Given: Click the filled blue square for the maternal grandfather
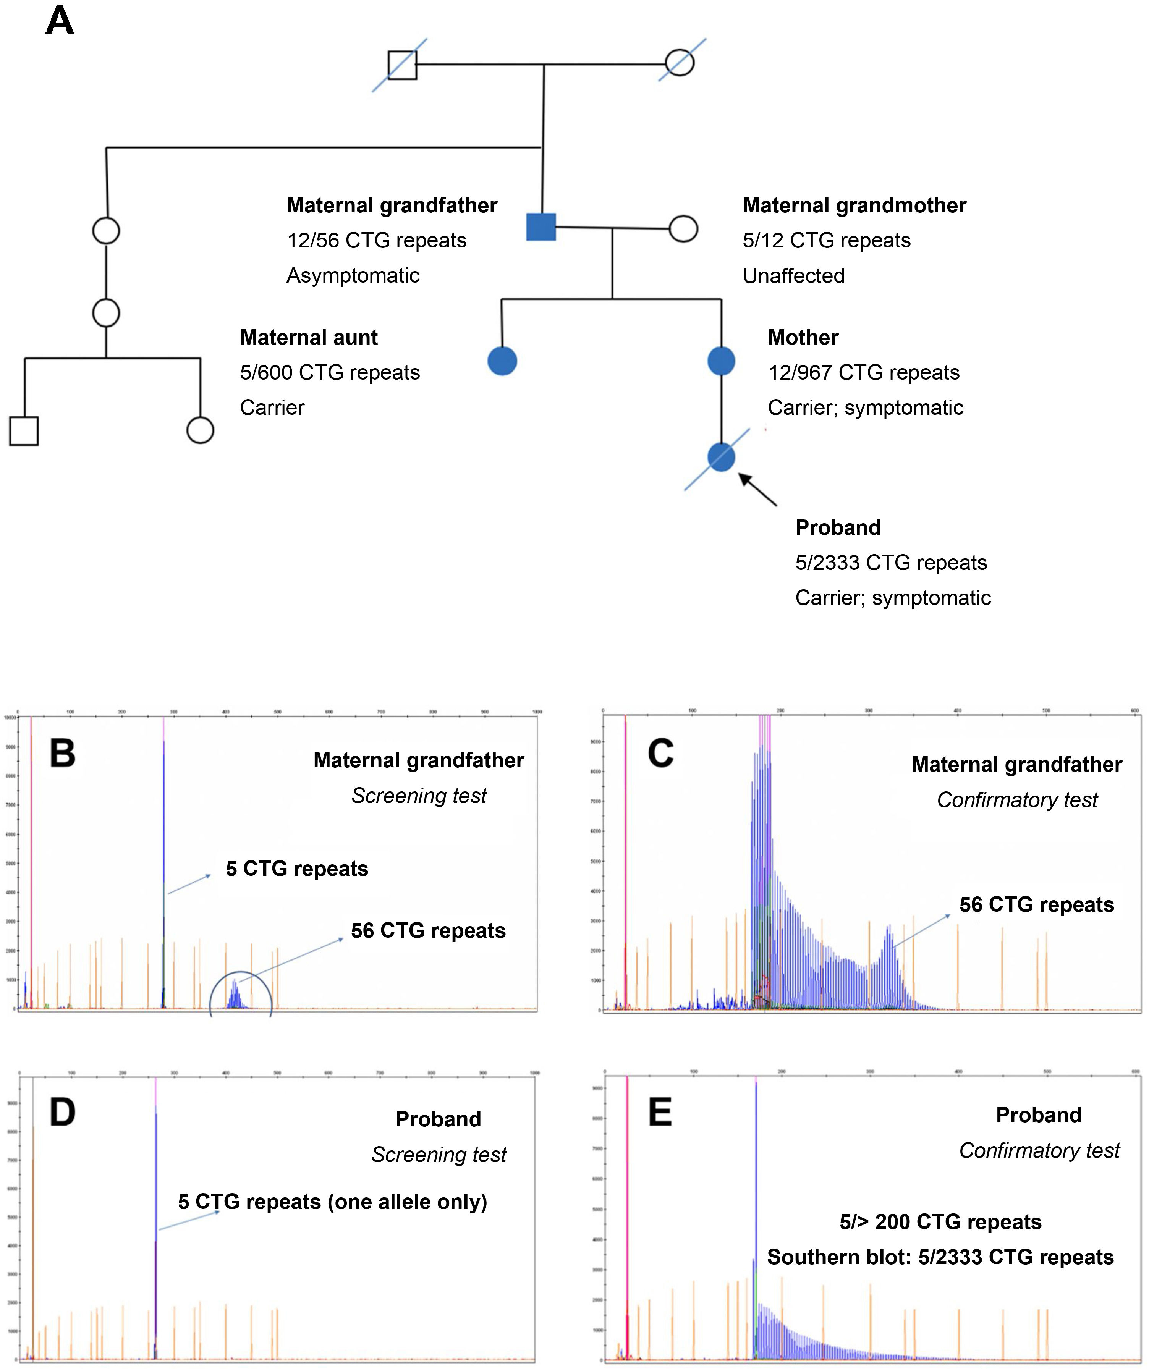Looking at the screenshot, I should [541, 227].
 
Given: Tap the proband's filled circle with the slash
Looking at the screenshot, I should [721, 457].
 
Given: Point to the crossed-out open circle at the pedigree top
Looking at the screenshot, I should [680, 63].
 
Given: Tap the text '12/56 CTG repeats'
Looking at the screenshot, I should [377, 241].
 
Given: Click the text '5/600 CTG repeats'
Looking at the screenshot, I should [330, 372].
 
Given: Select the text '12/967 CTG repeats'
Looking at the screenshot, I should [863, 372].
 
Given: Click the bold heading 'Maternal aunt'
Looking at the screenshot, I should [309, 337].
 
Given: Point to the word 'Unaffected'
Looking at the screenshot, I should [793, 276].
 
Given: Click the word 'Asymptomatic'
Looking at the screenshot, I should [353, 276].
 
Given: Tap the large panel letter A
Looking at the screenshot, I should [59, 21].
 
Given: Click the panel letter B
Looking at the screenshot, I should [63, 754].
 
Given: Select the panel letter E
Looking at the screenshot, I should [660, 1112].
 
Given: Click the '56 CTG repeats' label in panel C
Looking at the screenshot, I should [1036, 905].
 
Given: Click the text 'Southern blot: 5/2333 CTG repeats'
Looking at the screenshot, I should [940, 1257].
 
